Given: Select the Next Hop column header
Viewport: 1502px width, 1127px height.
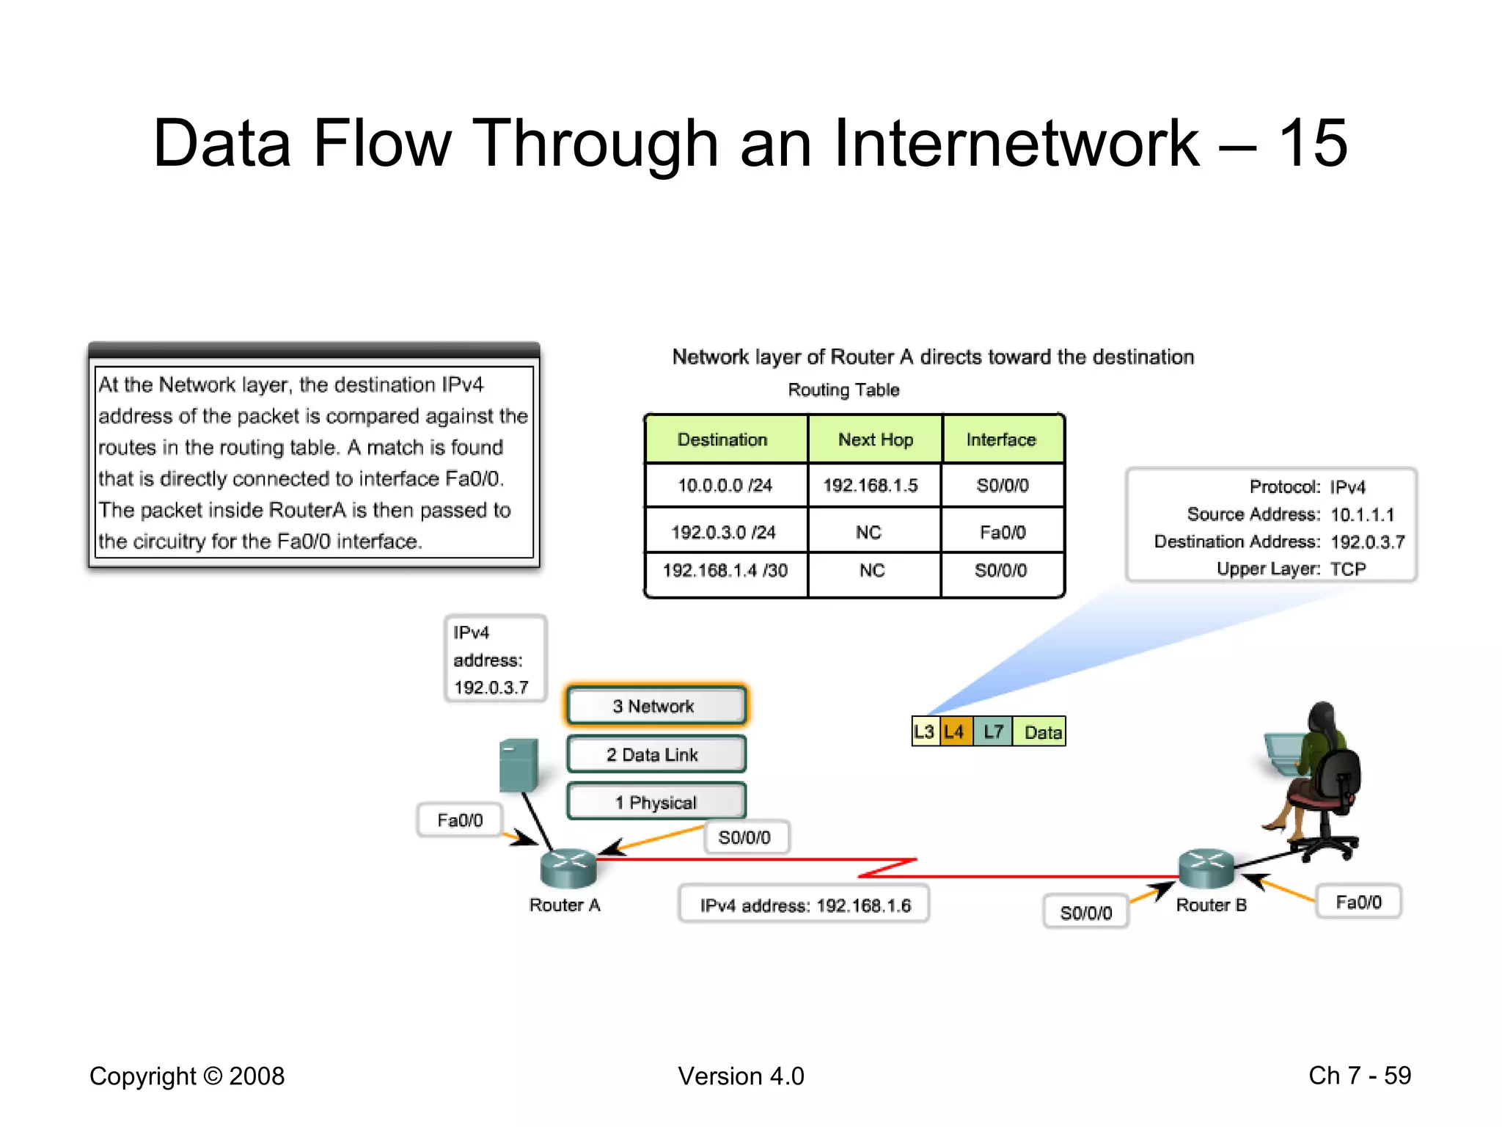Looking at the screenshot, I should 875,440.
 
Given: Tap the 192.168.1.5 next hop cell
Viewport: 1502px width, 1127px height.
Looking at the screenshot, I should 871,486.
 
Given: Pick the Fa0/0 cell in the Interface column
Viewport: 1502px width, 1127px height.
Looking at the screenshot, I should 1003,532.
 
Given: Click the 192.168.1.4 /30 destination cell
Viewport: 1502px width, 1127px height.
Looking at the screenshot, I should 725,571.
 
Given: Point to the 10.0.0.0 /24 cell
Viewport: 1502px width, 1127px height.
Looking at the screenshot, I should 725,486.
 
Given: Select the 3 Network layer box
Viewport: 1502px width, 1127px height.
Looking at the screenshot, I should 656,706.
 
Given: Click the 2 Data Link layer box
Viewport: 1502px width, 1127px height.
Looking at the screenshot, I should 656,754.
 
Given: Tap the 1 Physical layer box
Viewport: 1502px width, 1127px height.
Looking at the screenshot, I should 656,802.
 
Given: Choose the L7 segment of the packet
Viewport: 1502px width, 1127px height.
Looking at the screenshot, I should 993,732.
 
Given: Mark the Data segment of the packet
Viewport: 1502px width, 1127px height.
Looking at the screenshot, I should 1040,732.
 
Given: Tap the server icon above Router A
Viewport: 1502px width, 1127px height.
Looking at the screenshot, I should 519,765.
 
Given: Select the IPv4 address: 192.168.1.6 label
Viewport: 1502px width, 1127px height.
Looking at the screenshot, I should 805,905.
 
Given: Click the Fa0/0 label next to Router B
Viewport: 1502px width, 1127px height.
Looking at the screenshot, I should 1358,902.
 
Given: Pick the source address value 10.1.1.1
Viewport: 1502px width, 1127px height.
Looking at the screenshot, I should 1362,514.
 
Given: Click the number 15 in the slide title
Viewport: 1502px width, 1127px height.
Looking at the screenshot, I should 1313,143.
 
